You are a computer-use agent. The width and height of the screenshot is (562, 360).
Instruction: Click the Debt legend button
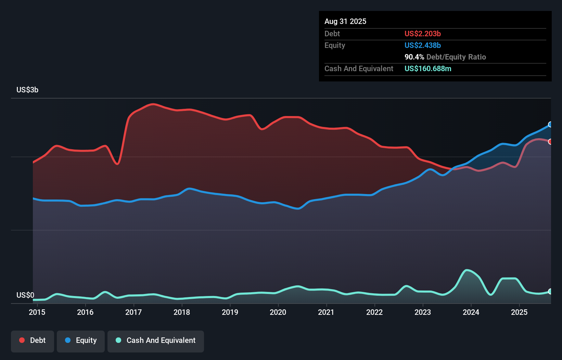pos(33,341)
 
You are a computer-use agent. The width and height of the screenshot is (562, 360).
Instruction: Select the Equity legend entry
pos(81,341)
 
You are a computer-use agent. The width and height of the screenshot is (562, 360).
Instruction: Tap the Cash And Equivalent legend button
pos(156,341)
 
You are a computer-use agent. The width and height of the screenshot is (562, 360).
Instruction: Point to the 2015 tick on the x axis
pos(37,312)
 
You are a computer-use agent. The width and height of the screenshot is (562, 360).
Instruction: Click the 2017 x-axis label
pos(133,312)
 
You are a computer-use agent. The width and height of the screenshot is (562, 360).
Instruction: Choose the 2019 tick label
pos(230,312)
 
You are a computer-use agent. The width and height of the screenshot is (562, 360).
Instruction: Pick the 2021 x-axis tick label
pos(326,312)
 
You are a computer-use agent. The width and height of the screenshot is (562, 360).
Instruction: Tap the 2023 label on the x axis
pos(423,312)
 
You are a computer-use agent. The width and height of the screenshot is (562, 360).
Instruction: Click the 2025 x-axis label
pos(519,312)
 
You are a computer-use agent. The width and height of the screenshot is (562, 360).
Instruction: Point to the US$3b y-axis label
pos(27,90)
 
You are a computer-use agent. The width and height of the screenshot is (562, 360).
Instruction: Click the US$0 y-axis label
pos(25,295)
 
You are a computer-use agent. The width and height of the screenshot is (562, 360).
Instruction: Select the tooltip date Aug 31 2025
pos(345,22)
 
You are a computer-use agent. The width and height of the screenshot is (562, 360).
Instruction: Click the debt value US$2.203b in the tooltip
pos(422,34)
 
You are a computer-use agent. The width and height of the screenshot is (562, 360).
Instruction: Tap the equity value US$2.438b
pos(422,46)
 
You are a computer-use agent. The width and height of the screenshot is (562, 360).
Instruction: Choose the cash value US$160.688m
pos(428,69)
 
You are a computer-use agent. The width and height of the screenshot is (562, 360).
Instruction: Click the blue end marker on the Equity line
pos(550,125)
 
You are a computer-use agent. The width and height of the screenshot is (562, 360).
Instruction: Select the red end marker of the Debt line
pos(550,142)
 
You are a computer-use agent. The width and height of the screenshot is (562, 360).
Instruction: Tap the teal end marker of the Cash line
pos(550,292)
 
